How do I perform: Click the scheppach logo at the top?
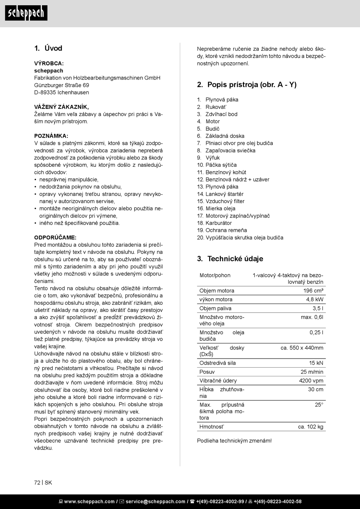click(x=26, y=13)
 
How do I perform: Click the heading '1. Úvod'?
click(x=48, y=48)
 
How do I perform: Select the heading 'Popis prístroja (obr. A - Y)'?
click(x=247, y=85)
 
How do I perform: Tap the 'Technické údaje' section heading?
click(x=230, y=259)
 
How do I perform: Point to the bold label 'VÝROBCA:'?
click(x=49, y=63)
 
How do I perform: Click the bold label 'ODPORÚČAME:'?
click(x=55, y=238)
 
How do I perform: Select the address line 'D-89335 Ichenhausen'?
click(x=61, y=92)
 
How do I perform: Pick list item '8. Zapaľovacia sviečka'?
click(x=226, y=150)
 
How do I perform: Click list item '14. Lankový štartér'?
click(x=220, y=194)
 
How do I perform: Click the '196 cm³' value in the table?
click(x=313, y=291)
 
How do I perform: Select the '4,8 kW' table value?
click(x=315, y=299)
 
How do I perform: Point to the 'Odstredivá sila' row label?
click(x=218, y=363)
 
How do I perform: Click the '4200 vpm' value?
click(x=311, y=381)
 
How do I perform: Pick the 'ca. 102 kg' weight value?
click(x=310, y=427)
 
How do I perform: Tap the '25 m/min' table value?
click(x=312, y=372)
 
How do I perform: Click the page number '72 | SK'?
click(x=43, y=482)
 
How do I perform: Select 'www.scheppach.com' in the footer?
click(x=89, y=501)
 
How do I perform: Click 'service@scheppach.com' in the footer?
click(x=155, y=501)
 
